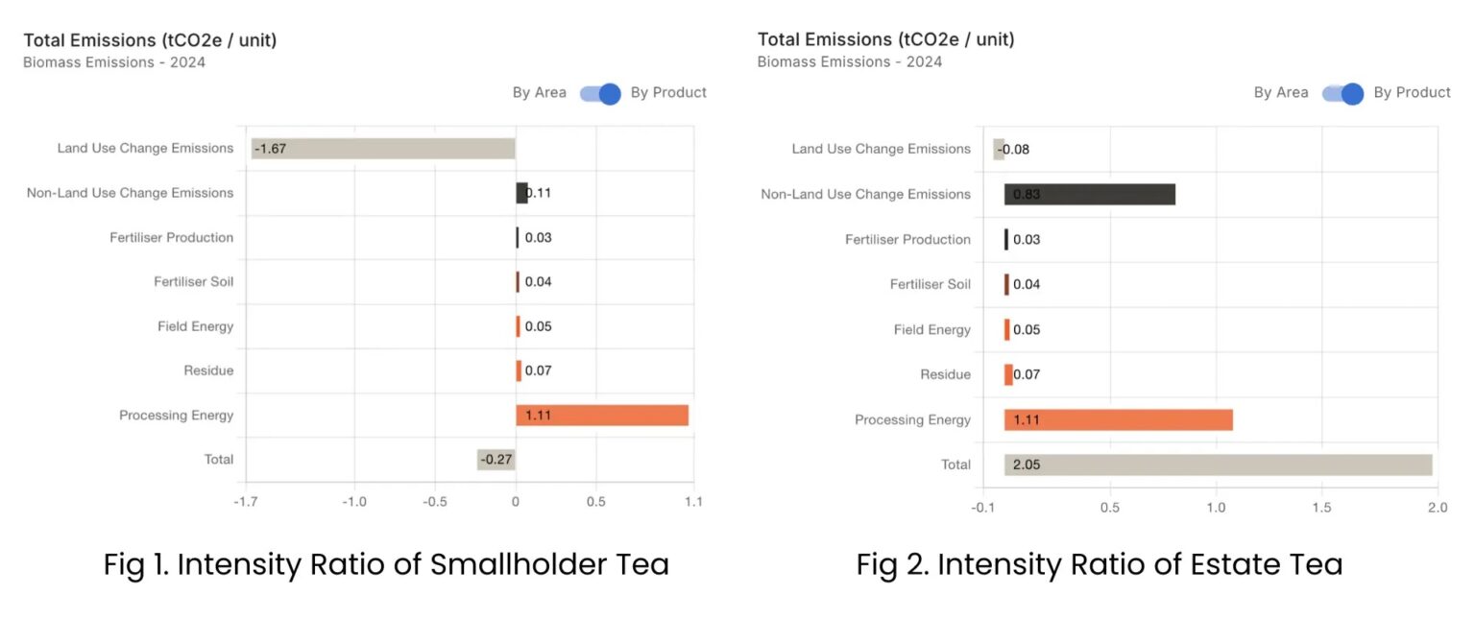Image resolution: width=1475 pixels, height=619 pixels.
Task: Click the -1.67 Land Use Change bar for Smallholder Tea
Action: tap(383, 149)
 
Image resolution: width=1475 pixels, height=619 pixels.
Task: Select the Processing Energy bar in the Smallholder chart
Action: tap(602, 416)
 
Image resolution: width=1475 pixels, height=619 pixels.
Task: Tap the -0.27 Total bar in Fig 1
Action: tap(496, 460)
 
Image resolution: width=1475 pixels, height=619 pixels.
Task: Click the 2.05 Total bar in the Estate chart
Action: tap(1218, 464)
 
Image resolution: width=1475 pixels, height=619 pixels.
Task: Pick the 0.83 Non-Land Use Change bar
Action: tap(1090, 195)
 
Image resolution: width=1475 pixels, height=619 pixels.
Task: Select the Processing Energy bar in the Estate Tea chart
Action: tap(1119, 419)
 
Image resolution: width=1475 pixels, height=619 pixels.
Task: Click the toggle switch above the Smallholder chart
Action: tap(599, 93)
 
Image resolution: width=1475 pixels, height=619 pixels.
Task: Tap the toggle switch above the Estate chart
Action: tap(1342, 93)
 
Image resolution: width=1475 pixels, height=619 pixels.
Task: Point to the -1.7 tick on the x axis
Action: tap(246, 502)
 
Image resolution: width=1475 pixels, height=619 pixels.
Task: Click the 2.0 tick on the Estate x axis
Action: tap(1437, 507)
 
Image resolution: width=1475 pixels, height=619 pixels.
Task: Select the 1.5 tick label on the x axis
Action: tap(1322, 507)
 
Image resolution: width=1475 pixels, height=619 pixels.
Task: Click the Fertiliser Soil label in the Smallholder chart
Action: tap(193, 282)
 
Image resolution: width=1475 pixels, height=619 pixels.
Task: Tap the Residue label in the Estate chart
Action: tap(945, 374)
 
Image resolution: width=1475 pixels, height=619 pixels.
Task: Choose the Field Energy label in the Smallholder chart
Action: tap(195, 326)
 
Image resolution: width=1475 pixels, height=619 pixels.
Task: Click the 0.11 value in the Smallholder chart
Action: tap(538, 193)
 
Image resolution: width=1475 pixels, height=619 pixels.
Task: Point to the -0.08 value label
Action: tap(1013, 150)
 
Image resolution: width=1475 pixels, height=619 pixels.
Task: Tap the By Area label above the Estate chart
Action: tap(1281, 93)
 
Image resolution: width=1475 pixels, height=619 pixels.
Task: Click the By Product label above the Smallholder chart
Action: tap(668, 93)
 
